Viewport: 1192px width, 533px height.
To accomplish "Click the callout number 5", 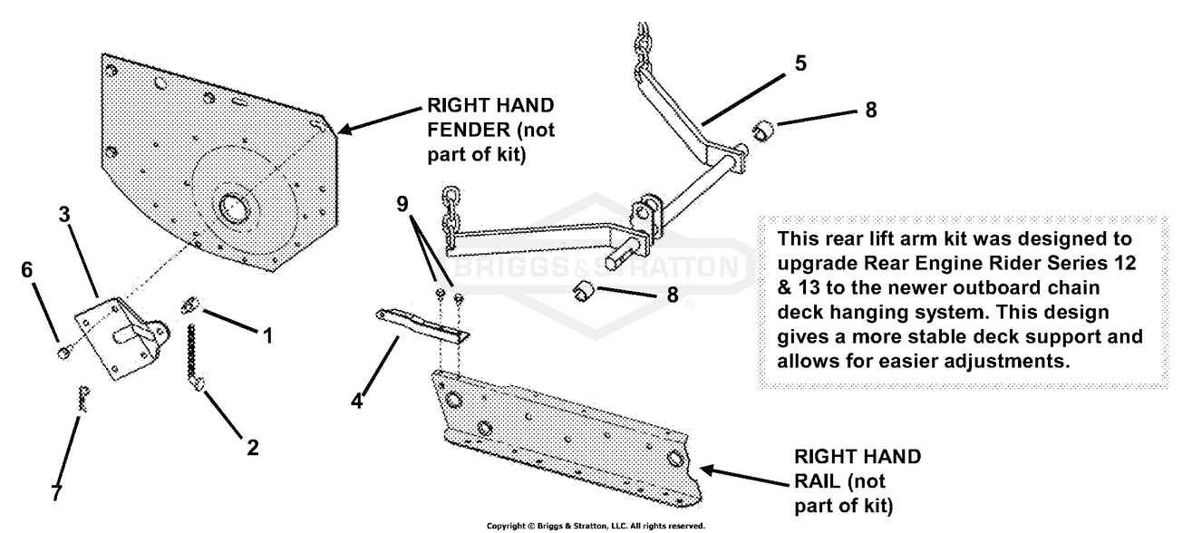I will point(800,64).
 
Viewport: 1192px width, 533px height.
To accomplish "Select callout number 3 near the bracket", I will point(63,214).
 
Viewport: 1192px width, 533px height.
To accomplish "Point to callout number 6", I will point(26,269).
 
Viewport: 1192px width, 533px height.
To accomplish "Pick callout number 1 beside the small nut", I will point(267,336).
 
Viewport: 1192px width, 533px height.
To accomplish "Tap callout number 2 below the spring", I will point(253,446).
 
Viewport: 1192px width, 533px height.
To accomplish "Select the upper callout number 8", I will point(870,111).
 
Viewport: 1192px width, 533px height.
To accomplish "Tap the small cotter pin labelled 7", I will point(83,400).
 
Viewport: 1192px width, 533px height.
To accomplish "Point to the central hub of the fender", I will point(234,208).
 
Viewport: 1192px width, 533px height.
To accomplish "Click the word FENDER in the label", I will point(468,130).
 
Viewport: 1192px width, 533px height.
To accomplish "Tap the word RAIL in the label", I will point(815,480).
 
